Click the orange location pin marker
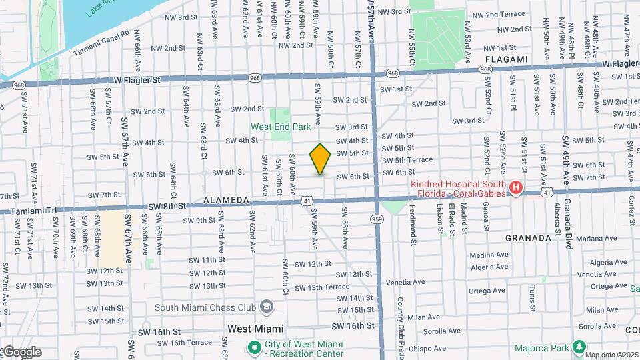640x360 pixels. [320, 159]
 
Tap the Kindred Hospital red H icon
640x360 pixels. [515, 189]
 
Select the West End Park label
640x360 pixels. [281, 127]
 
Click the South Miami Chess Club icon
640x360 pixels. [267, 307]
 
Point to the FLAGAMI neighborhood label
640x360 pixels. [507, 59]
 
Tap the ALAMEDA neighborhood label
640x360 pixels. [226, 200]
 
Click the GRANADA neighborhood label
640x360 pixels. [527, 237]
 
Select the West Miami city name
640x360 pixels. [255, 329]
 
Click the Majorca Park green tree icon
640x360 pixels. [579, 347]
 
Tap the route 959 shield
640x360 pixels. [377, 219]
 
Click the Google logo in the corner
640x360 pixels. [22, 352]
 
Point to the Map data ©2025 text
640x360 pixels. [611, 355]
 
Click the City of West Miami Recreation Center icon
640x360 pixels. [254, 347]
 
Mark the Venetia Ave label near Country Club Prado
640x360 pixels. [405, 282]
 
